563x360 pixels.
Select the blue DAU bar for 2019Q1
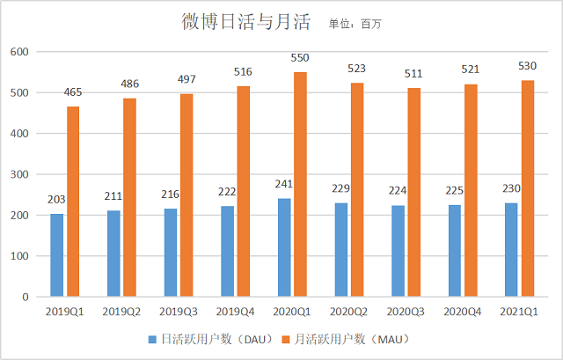point(57,255)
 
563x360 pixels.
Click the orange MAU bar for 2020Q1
point(300,185)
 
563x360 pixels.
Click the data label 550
point(300,59)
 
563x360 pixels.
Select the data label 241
point(283,186)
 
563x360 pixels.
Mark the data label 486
point(129,84)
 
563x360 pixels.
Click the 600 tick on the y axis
point(19,52)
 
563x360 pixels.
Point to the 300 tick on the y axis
point(19,174)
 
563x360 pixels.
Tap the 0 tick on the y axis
point(26,297)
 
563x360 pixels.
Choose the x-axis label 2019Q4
point(235,311)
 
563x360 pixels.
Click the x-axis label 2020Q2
point(349,311)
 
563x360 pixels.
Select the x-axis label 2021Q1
point(519,311)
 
